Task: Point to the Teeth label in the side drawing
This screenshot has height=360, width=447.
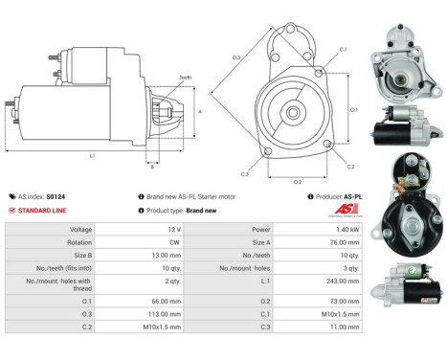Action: click(x=185, y=77)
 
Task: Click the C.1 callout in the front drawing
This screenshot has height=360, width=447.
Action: click(x=342, y=48)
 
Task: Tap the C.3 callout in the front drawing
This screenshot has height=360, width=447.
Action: click(x=245, y=173)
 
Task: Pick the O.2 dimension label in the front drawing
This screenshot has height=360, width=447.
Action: click(x=298, y=180)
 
